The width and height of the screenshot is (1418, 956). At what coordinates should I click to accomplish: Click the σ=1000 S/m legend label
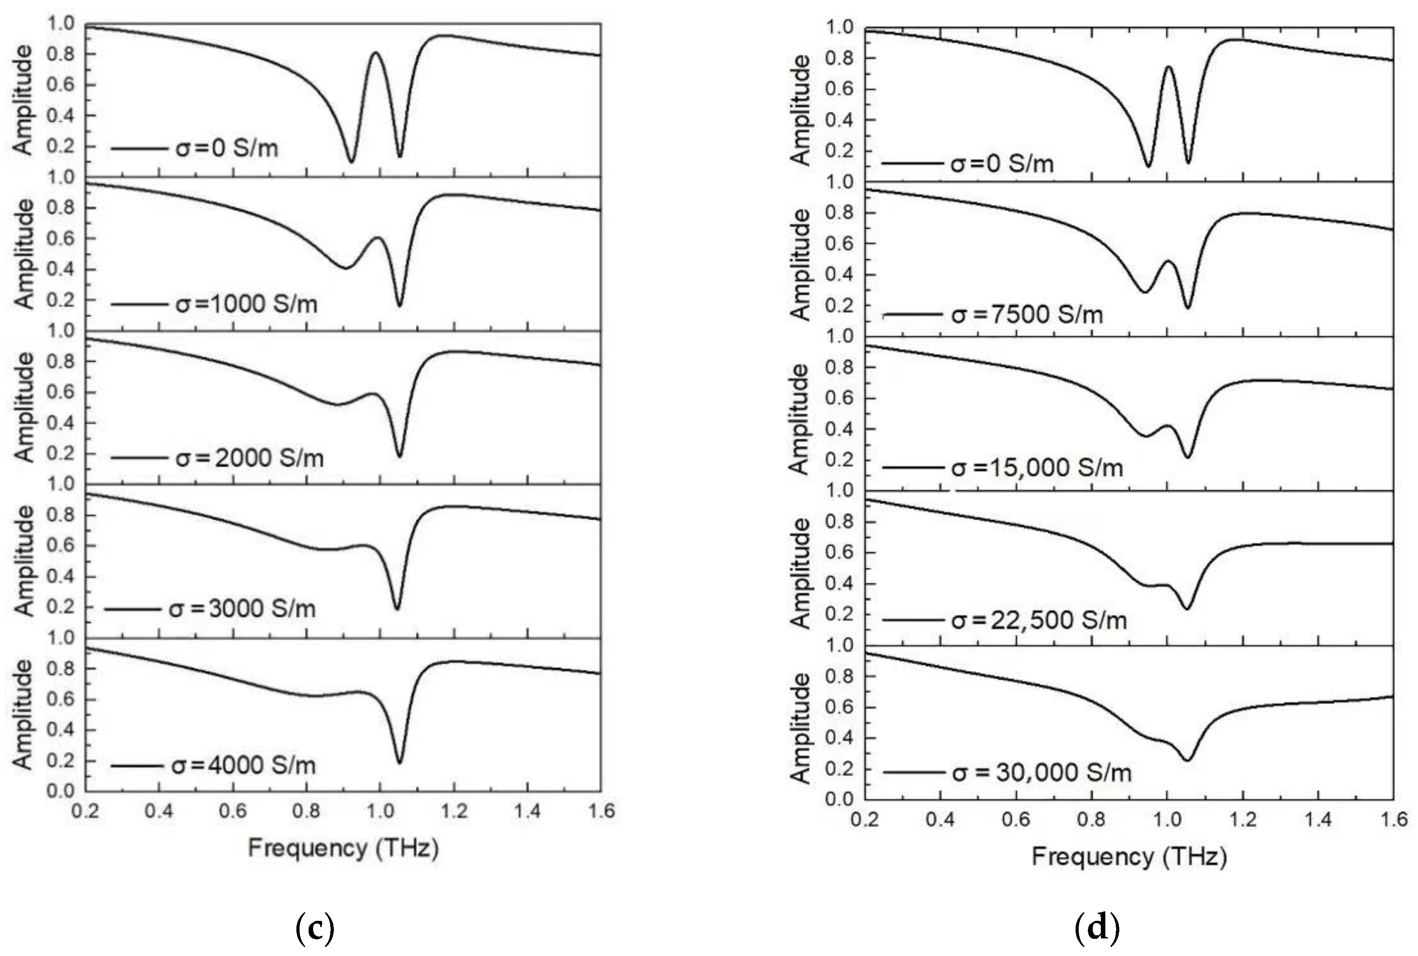246,303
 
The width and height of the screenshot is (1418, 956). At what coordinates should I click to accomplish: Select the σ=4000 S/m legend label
243,765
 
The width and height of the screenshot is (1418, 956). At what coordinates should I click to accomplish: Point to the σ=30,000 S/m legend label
1041,772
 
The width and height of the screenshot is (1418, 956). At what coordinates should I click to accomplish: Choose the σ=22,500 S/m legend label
1039,620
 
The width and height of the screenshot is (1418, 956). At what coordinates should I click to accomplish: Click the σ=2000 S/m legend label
249,457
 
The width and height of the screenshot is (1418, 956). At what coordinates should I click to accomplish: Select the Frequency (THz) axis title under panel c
343,848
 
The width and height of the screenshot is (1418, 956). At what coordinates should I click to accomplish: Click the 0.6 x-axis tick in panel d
1016,819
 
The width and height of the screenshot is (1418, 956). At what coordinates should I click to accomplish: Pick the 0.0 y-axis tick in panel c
60,791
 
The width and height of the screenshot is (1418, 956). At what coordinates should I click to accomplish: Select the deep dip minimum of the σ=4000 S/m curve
399,763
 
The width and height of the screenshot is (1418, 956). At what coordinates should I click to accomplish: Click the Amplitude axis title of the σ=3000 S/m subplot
23,561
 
